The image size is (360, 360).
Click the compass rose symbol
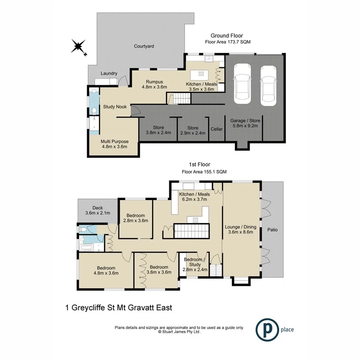point(79,47)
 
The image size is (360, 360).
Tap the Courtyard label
point(144,46)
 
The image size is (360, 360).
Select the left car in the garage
point(242,82)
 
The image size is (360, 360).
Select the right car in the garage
point(268,85)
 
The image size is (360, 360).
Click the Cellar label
point(216,129)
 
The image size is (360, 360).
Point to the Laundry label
point(109,73)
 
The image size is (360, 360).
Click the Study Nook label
point(115,107)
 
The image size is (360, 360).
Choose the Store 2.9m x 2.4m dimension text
point(192,133)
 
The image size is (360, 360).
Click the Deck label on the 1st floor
point(98,208)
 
